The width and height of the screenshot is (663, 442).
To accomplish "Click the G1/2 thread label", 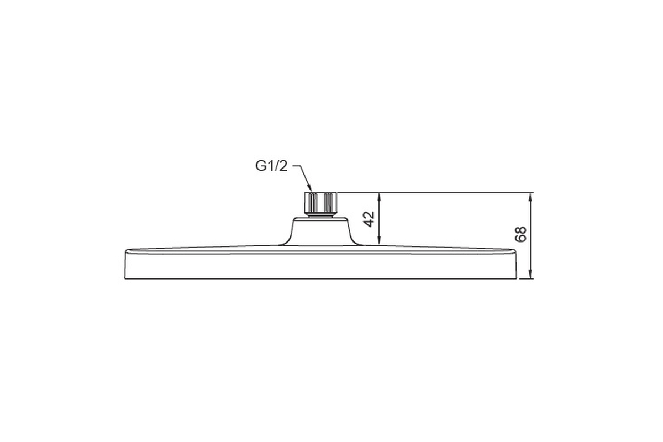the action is pyautogui.click(x=271, y=166).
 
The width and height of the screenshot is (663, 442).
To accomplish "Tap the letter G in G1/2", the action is pyautogui.click(x=260, y=166).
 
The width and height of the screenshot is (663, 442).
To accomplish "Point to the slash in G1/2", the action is pyautogui.click(x=277, y=166).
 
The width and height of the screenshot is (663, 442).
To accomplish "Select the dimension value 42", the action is pyautogui.click(x=370, y=219).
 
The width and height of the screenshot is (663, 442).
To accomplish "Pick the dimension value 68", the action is pyautogui.click(x=520, y=234).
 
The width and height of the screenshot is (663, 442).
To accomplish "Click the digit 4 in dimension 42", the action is pyautogui.click(x=370, y=223).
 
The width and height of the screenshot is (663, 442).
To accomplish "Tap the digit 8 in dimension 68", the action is pyautogui.click(x=520, y=230).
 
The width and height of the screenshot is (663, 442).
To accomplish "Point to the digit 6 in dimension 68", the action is pyautogui.click(x=520, y=238).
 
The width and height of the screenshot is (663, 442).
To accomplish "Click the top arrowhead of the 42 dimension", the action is pyautogui.click(x=379, y=197).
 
